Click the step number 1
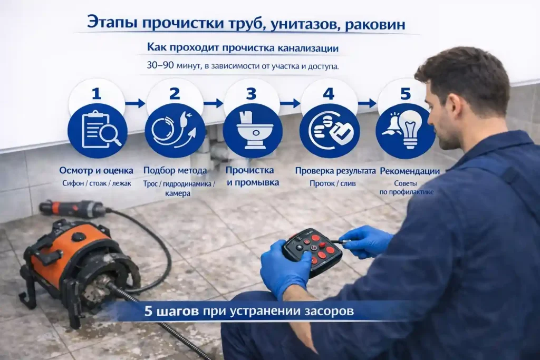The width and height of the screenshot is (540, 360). pos(96,94)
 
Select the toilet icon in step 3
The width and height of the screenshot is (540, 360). pos(250,130)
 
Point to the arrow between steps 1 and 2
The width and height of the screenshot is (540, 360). pos(134,103)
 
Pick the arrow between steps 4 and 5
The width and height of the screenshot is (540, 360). pos(367,103)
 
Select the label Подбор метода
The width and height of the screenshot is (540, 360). pos(174,171)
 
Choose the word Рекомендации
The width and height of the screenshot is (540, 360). pos(410,171)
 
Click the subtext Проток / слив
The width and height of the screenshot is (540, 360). pos(332,184)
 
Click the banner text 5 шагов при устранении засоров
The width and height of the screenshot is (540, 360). pos(249,312)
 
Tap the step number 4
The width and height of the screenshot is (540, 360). pos(329,94)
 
